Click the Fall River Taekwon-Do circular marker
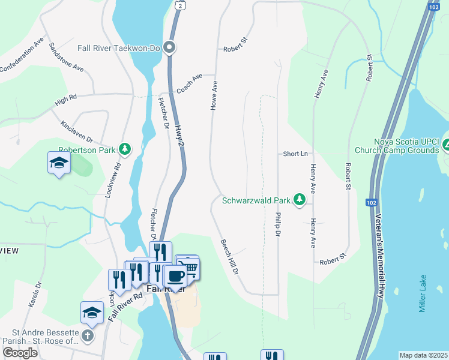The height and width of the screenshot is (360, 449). point(170,47)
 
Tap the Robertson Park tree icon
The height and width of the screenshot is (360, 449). point(125,149)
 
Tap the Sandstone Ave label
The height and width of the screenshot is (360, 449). point(66,57)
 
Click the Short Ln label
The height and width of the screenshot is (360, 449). point(295,154)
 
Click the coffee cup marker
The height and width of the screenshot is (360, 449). point(175,275)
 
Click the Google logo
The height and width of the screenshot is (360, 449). point(20,352)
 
